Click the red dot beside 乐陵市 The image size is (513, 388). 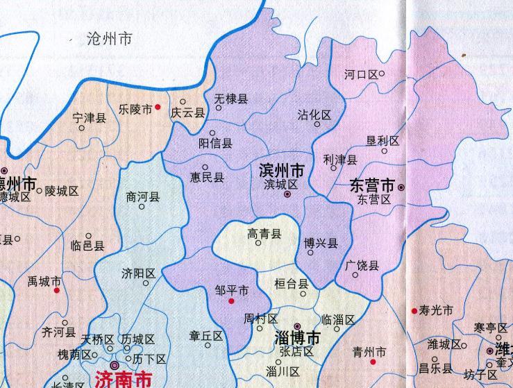[158, 107]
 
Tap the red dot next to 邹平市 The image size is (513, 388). [231, 301]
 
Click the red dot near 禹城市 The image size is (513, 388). [57, 291]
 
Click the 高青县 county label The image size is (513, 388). [264, 235]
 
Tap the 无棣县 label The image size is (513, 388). [230, 99]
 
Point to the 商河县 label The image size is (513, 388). [143, 197]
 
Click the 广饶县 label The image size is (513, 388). [362, 265]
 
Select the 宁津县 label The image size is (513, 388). [89, 118]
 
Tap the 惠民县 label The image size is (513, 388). [207, 177]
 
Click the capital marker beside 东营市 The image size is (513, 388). [401, 187]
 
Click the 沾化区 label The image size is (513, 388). [314, 115]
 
